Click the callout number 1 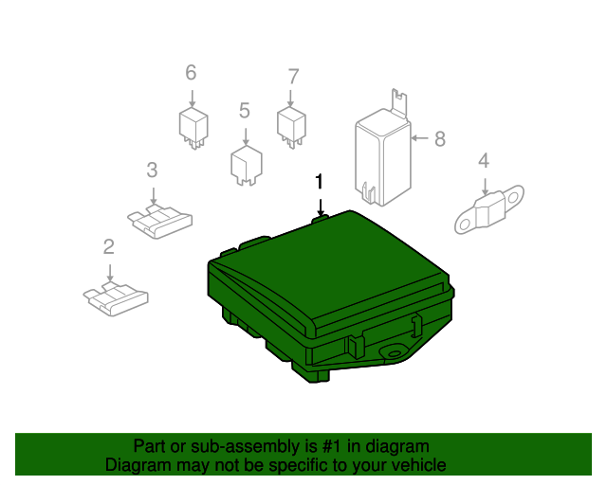coord(319,181)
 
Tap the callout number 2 coord(109,246)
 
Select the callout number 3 coord(152,171)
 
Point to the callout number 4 coord(484,160)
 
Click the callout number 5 coord(245,111)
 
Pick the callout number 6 coord(191,73)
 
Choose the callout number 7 coord(293,77)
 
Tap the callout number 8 coord(440,139)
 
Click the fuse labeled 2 coord(116,298)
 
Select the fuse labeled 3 coord(160,222)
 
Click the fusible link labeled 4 coord(489,209)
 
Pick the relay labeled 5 coord(247,165)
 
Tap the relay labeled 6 coord(193,128)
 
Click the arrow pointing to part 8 coord(419,138)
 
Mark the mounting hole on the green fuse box coord(395,353)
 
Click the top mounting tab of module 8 coord(399,101)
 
